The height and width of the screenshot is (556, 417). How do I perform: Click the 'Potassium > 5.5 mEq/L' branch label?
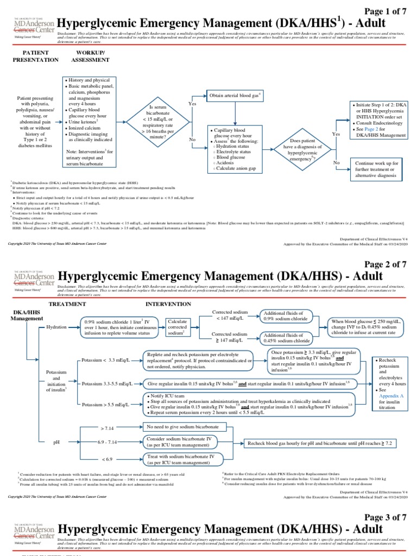106,405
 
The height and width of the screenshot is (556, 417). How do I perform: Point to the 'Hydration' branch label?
58,327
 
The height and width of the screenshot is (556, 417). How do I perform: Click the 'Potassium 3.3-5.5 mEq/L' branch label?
108,383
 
